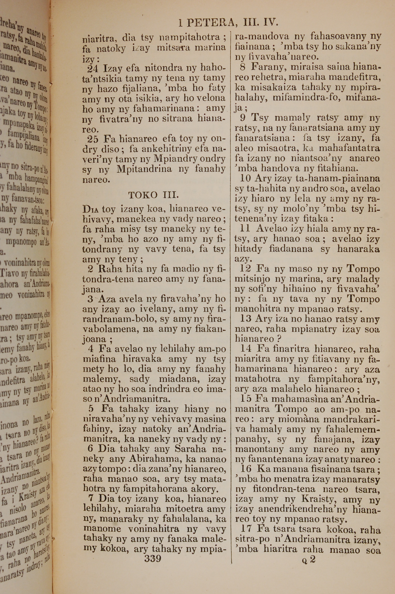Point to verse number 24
[x=93, y=68]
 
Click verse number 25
[x=93, y=139]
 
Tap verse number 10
[x=246, y=178]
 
